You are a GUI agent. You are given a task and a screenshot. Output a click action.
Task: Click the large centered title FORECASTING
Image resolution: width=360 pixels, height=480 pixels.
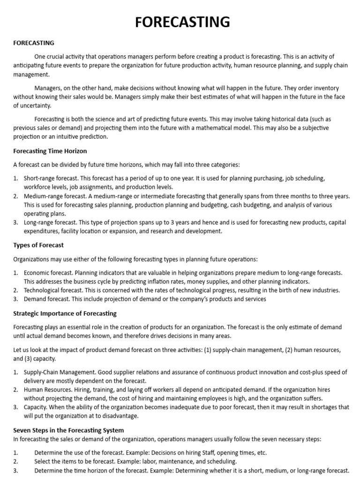183,22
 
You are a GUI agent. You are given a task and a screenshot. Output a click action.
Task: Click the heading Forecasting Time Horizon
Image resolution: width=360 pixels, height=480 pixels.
50,151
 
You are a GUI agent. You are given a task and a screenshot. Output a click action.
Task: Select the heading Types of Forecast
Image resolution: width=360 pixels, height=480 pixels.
38,245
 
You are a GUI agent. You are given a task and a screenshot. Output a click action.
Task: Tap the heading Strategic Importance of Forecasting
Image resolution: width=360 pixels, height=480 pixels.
65,313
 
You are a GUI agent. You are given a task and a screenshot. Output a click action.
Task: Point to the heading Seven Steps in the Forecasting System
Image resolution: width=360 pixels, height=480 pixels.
68,429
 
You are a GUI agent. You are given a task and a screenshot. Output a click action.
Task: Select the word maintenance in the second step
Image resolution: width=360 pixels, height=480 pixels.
183,462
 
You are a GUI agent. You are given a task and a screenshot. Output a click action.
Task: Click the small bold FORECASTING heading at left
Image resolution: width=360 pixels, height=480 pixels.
34,43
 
